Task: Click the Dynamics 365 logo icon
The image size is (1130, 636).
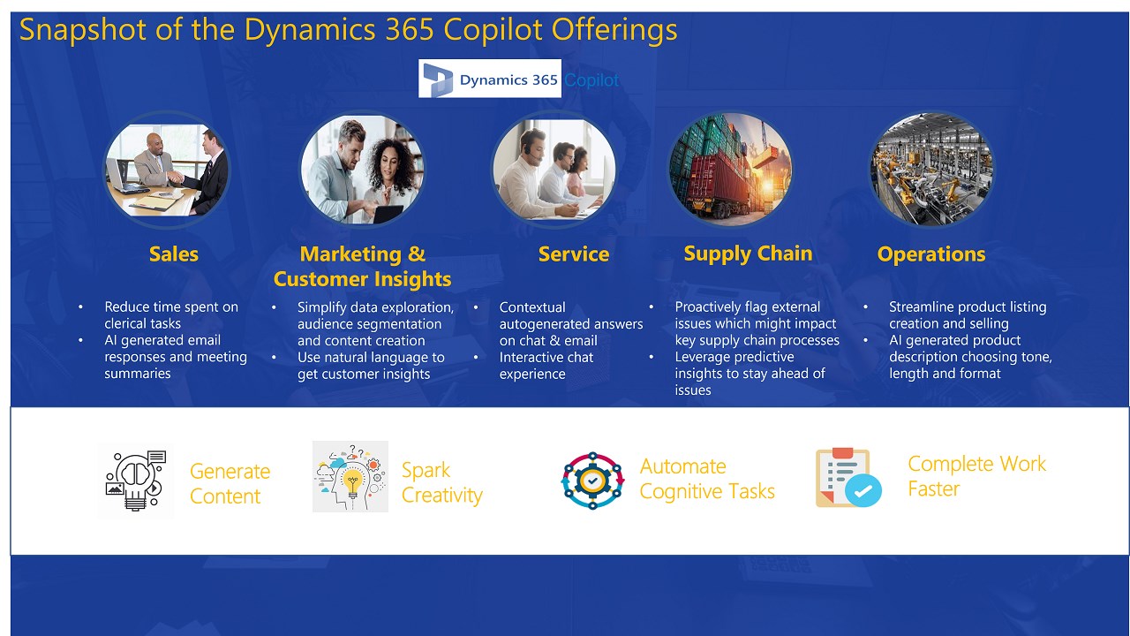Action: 438,79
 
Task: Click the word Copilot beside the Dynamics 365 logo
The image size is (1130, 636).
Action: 591,79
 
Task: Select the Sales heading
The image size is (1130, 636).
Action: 174,254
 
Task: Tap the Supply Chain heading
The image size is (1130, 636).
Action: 748,254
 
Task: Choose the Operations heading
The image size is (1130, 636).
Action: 931,254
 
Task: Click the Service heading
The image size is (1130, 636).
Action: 574,254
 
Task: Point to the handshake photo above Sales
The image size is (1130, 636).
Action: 167,170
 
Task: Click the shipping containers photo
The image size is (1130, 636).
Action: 730,169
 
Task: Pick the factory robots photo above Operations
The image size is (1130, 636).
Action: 931,169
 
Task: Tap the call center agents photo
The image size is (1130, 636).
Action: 554,169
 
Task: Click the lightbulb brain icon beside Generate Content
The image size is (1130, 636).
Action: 135,481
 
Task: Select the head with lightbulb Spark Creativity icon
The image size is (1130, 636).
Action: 350,476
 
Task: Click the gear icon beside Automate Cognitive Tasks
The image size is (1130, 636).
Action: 592,480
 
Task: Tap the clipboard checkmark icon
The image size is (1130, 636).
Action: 848,477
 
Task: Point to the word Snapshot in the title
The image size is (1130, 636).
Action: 83,29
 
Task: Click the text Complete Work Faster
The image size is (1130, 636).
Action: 976,476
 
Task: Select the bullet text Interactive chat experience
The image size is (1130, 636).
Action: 546,366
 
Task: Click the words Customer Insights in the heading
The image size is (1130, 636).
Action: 362,279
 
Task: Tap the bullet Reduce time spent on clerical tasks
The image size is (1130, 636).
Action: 171,315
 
